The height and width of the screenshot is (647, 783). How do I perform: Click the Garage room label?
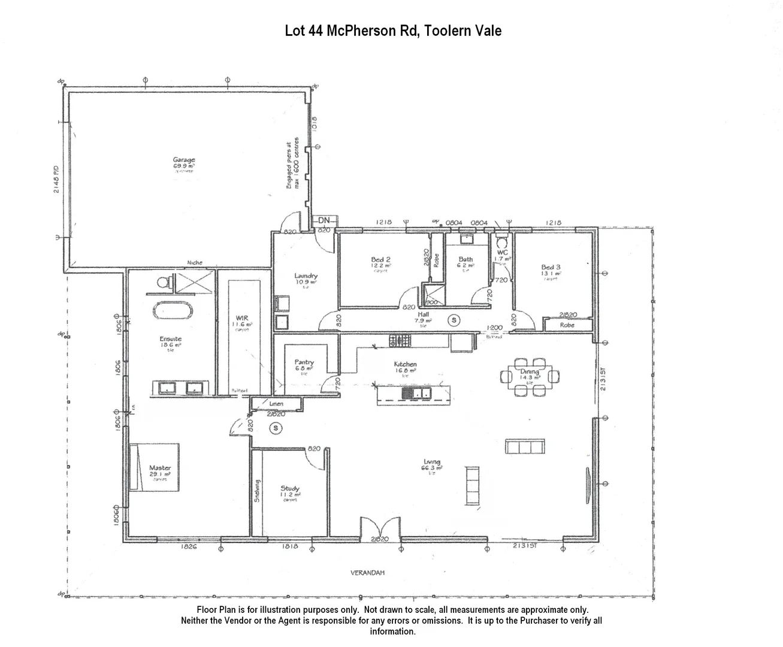pyautogui.click(x=184, y=161)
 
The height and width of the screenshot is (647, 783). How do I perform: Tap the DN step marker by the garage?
pyautogui.click(x=324, y=220)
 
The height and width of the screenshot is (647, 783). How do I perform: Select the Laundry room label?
pyautogui.click(x=306, y=276)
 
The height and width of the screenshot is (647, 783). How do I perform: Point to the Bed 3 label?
pyautogui.click(x=551, y=267)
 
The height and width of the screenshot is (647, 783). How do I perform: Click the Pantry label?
pyautogui.click(x=304, y=362)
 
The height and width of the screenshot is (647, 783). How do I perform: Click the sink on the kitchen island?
pyautogui.click(x=417, y=394)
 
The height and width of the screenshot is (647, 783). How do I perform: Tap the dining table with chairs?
pyautogui.click(x=530, y=377)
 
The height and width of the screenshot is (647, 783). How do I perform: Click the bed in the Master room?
pyautogui.click(x=155, y=467)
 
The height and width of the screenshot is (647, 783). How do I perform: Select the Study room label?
pyautogui.click(x=290, y=489)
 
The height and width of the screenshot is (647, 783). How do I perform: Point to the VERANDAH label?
pyautogui.click(x=367, y=573)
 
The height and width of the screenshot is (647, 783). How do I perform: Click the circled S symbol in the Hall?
pyautogui.click(x=454, y=321)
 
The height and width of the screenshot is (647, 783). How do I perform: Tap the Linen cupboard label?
pyautogui.click(x=276, y=404)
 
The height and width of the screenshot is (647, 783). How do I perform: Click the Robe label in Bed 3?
pyautogui.click(x=567, y=325)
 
